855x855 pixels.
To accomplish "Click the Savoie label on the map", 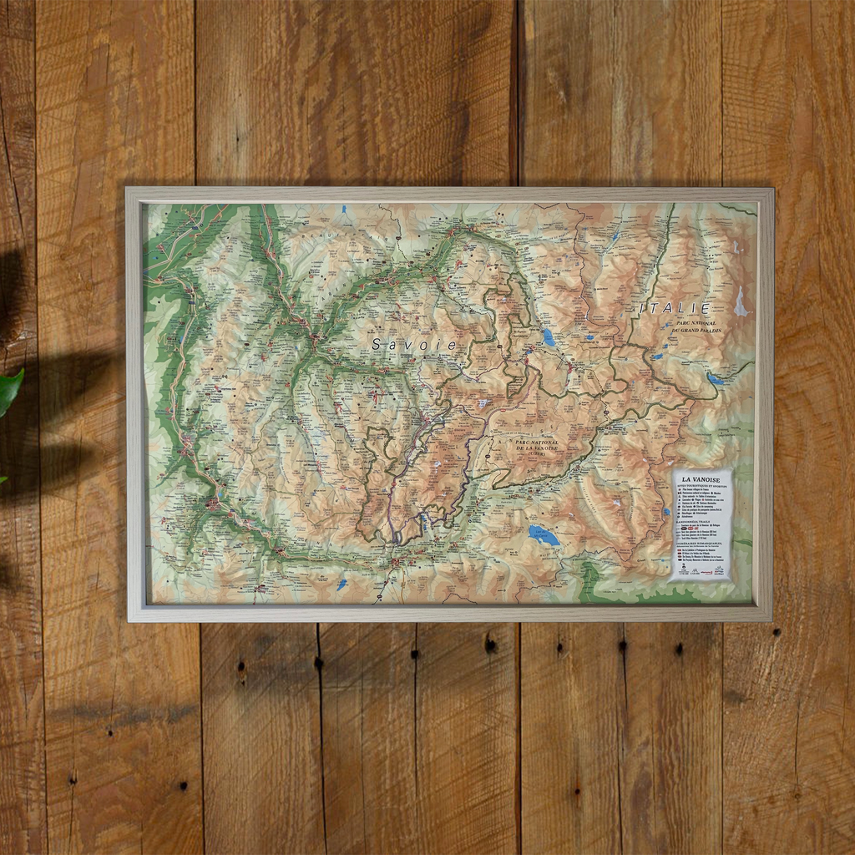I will click(x=415, y=344).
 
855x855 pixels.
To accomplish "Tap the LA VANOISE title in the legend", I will click(x=702, y=480).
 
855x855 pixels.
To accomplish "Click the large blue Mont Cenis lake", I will click(x=544, y=535).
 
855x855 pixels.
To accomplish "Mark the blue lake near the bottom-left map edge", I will click(x=341, y=584).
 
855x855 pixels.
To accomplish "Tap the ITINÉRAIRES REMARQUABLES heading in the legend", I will click(x=702, y=545).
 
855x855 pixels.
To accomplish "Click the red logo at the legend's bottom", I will click(x=708, y=572).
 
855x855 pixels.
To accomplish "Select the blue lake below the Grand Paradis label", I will click(x=716, y=378).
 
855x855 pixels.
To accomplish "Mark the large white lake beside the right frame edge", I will click(x=740, y=302).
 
